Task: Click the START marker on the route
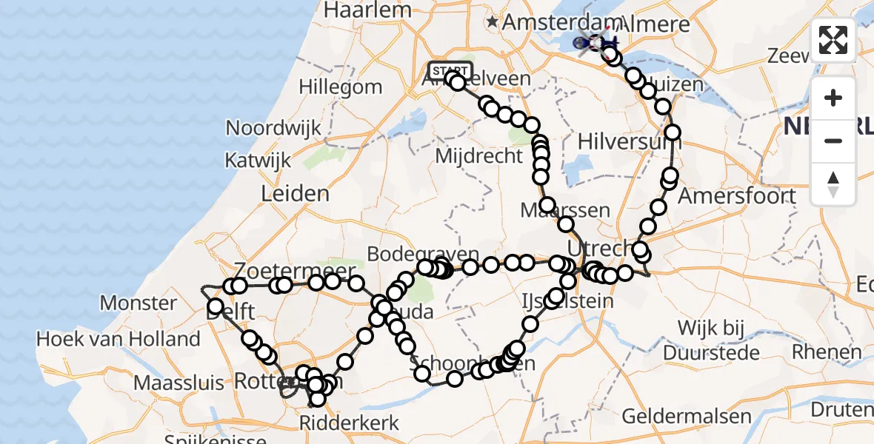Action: click(450, 71)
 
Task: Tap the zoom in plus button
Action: click(833, 98)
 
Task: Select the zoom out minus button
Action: click(833, 141)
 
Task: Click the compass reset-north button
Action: click(833, 184)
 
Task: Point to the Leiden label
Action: click(295, 194)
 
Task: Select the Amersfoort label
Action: click(738, 196)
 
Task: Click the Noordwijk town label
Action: click(274, 128)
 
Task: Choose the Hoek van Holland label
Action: click(119, 340)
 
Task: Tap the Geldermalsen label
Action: click(680, 416)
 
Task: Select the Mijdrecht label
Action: click(478, 157)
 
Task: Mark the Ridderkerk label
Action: click(350, 423)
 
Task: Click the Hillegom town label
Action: click(340, 87)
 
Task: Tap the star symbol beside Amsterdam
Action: click(493, 23)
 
